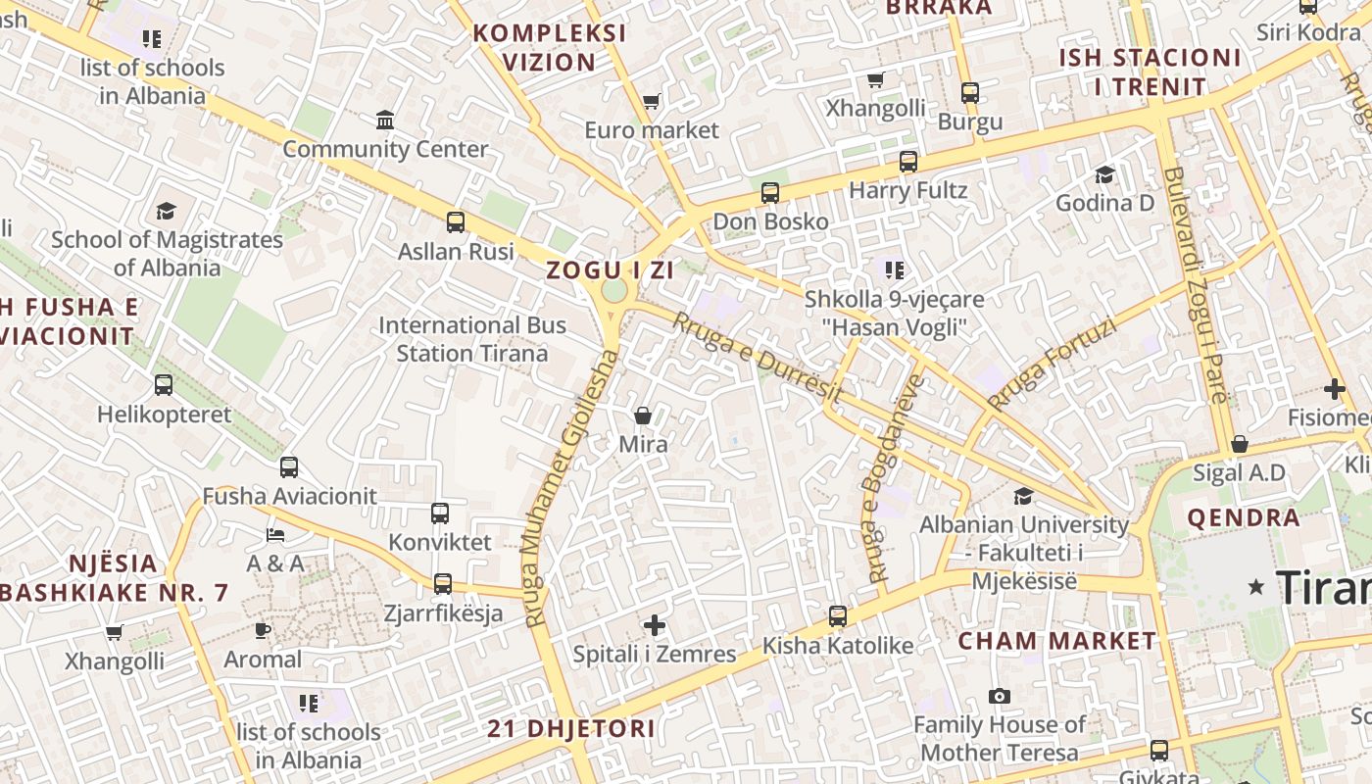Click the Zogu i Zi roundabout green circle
pos(614,290)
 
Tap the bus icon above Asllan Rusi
pos(456,221)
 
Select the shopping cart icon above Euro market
pos(651,101)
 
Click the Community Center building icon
pos(385,121)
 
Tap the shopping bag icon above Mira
pos(643,416)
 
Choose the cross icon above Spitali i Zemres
pos(655,625)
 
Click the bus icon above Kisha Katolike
pos(838,616)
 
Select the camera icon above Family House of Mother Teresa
pos(1000,696)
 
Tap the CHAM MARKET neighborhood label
pos(1056,641)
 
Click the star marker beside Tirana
pos(1256,586)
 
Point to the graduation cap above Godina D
pos(1104,174)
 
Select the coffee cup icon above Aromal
pos(262,630)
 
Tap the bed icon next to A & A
pos(275,535)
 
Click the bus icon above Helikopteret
pos(164,385)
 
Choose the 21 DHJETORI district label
pos(571,729)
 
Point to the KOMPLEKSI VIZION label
pos(550,47)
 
